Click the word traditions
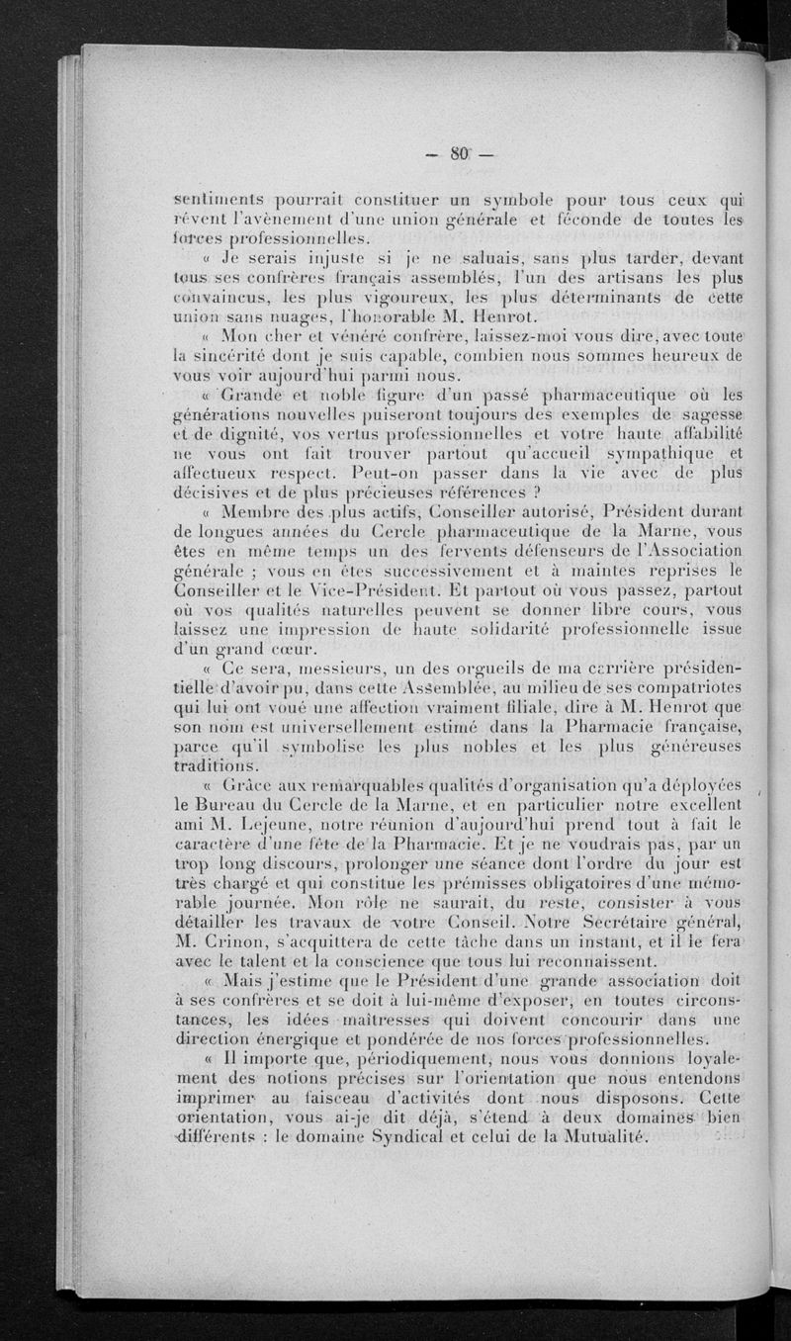[x=215, y=767]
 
